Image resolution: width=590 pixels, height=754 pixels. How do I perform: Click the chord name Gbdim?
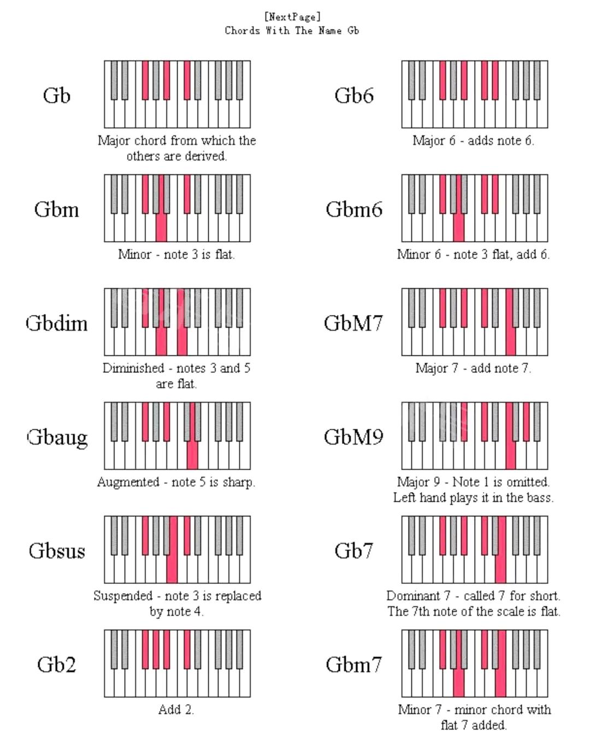(57, 323)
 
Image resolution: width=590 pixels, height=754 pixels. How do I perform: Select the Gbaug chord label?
(57, 437)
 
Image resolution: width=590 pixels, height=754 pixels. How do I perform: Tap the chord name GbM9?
(353, 437)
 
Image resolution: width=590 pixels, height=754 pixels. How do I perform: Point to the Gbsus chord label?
(57, 551)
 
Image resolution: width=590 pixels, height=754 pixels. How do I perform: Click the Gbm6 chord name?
(354, 209)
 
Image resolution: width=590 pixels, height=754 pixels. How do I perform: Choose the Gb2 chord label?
(56, 664)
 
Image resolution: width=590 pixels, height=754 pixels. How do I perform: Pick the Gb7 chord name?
(353, 551)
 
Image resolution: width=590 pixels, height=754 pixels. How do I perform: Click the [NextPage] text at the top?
(292, 17)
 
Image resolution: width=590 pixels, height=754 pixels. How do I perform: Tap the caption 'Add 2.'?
(176, 710)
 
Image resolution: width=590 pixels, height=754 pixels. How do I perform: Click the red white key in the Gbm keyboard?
(161, 227)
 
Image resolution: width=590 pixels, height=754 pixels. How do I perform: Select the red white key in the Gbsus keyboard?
(172, 569)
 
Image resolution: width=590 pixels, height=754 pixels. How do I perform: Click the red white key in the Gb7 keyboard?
(500, 569)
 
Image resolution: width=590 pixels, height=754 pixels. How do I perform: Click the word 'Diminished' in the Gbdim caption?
(133, 368)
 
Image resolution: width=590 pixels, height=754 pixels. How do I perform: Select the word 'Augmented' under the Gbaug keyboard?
(128, 482)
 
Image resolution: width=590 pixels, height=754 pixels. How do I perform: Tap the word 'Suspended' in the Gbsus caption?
(123, 596)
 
